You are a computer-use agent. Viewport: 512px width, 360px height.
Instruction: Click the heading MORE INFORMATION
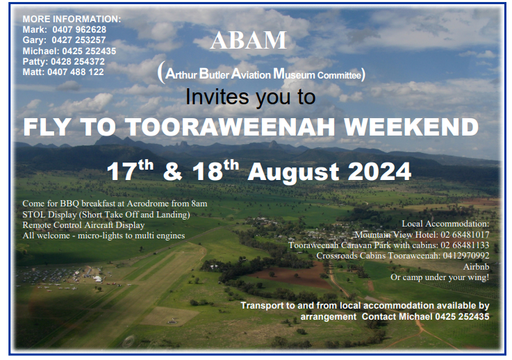[72, 19]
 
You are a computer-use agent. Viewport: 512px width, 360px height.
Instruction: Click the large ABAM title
[248, 40]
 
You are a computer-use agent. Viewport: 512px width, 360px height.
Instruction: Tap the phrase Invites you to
[250, 97]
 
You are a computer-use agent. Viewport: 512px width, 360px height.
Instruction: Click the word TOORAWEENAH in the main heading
[206, 128]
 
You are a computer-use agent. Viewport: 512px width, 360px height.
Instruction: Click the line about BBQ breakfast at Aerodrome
[115, 203]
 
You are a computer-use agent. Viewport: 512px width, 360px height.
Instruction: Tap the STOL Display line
[106, 214]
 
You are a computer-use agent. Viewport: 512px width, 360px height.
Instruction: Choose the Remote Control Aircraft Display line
[83, 224]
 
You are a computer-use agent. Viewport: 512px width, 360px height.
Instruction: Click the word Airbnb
[475, 266]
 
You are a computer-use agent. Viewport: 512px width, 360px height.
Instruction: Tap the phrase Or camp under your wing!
[439, 277]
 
